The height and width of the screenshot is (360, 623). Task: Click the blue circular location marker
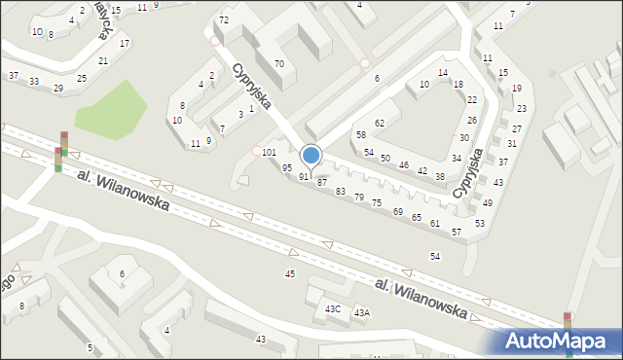[311, 155]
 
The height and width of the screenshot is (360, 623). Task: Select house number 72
[224, 20]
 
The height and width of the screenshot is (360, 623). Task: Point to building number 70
[278, 63]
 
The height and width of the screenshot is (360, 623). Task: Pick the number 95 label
[287, 168]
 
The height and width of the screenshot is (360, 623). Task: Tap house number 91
[304, 177]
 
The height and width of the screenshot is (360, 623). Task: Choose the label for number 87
[321, 183]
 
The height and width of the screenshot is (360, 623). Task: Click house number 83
[341, 192]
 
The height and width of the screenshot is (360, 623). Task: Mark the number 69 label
[397, 211]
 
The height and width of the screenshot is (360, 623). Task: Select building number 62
[380, 123]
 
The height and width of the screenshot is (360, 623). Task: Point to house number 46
[403, 164]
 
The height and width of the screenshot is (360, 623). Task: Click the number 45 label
[289, 273]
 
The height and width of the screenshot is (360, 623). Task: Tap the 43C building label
[333, 308]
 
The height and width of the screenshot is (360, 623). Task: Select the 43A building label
[361, 312]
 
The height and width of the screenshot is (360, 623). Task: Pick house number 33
[34, 81]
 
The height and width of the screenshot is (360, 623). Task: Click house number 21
[103, 60]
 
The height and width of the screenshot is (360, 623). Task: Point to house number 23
[522, 108]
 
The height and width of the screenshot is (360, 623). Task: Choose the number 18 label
[458, 84]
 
